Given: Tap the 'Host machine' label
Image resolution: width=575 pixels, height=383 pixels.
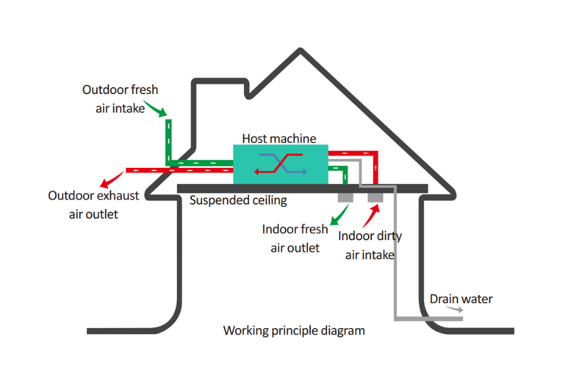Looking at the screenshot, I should click(x=279, y=138).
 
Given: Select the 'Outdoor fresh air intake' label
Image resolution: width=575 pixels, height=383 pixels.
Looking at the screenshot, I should click(x=119, y=99).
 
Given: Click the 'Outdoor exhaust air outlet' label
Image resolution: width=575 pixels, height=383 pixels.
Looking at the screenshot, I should click(x=93, y=205).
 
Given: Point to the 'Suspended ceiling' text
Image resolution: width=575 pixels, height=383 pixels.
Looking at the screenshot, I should click(x=238, y=200).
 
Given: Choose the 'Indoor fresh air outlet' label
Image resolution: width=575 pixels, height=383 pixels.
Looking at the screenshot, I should click(x=295, y=238).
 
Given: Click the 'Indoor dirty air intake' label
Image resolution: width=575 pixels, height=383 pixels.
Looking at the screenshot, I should click(x=370, y=246).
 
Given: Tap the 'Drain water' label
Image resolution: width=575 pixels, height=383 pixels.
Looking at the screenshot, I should click(x=461, y=299).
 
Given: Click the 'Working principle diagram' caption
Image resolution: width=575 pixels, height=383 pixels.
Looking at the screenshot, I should click(x=294, y=331).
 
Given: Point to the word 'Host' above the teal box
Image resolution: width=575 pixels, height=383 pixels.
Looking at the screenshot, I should click(x=255, y=138).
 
